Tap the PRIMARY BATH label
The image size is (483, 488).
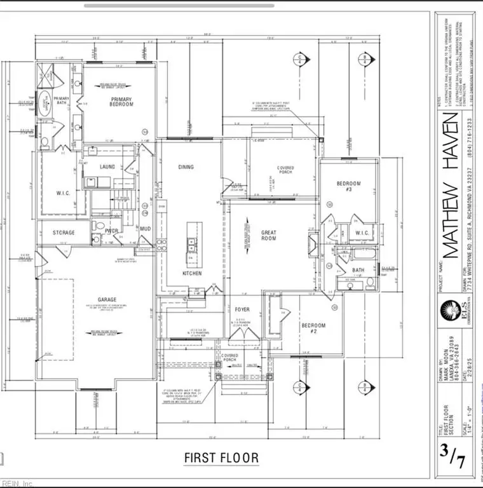coord(61,101)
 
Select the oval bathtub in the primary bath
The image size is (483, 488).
coord(45,104)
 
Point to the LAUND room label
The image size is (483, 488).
coord(107,166)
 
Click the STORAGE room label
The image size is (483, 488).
coord(64,233)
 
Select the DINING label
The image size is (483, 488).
coord(186,167)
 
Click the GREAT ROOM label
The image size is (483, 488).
coord(269,235)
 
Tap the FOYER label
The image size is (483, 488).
coord(242,310)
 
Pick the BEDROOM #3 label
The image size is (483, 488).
coord(348,187)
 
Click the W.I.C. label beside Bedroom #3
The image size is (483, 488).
coord(362,233)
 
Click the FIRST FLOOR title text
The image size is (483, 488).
coord(221,457)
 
